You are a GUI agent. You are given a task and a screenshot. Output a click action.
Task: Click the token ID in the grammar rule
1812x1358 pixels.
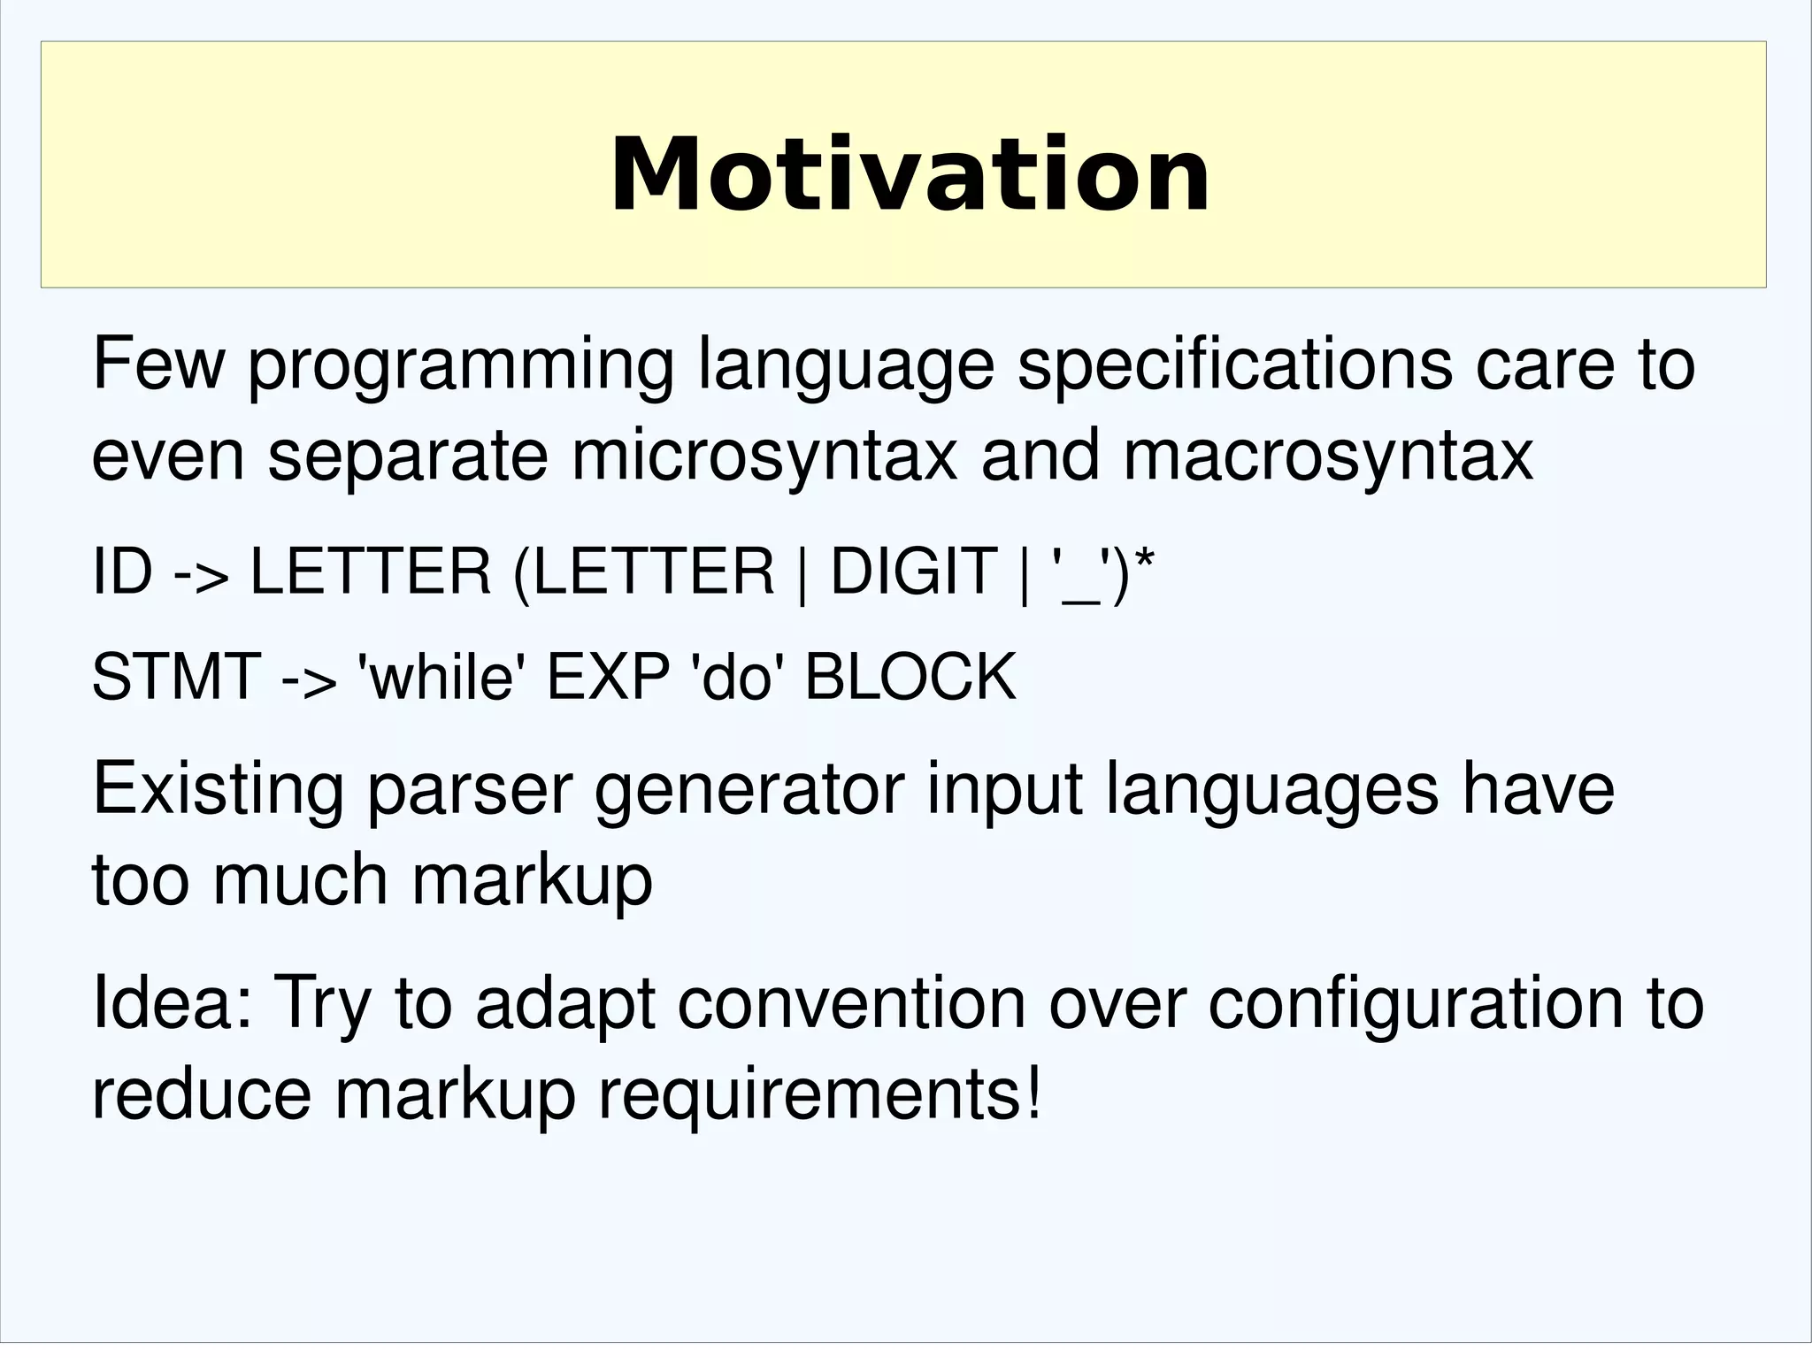coord(122,572)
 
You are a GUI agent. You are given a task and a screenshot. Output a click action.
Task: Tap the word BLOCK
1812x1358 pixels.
coord(910,677)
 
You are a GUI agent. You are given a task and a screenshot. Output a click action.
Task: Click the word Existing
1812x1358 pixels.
coord(218,788)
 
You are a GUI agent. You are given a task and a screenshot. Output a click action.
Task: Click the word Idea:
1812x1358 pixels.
coord(173,1003)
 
